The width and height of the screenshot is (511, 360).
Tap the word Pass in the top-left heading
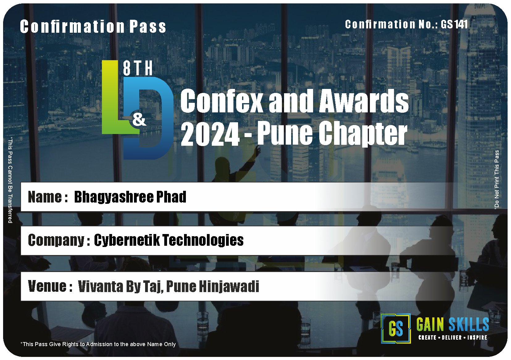click(148, 27)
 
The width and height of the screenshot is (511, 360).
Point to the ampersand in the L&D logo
click(139, 120)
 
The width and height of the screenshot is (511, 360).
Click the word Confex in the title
click(222, 101)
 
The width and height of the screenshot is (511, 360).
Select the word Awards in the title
click(364, 101)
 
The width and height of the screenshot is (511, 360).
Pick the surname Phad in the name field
click(171, 197)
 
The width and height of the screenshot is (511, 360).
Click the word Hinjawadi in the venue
click(229, 287)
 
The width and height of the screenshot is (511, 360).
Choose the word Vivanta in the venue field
click(100, 286)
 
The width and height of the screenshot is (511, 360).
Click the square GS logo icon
click(396, 329)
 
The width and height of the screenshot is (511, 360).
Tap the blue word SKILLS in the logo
click(469, 324)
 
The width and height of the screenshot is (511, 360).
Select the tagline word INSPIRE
click(477, 337)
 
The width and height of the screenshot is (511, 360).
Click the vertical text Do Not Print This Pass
click(496, 179)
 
